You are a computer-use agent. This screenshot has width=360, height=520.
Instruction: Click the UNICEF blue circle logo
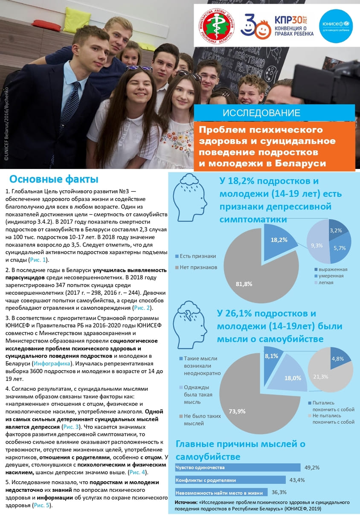[336, 25]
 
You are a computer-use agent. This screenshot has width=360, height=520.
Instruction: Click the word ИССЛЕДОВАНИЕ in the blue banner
[261, 113]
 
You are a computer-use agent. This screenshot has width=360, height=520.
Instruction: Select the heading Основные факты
[54, 179]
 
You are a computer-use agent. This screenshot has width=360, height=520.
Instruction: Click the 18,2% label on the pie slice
[279, 240]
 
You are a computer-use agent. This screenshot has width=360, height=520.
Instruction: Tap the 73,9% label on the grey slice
[237, 411]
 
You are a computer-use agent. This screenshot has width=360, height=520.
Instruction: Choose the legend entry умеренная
[331, 276]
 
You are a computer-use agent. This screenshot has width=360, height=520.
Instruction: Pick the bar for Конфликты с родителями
[230, 480]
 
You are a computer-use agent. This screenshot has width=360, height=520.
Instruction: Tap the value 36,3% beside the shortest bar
[279, 492]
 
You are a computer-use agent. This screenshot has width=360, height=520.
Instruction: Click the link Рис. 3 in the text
[70, 427]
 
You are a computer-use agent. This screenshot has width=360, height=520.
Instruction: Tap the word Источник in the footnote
[186, 503]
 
